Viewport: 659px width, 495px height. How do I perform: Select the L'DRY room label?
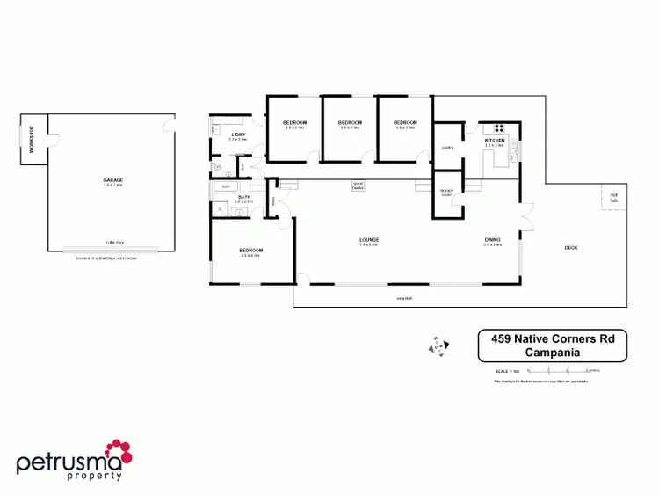238,134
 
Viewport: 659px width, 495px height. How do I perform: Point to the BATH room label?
243,197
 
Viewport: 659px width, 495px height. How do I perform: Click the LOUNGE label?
368,239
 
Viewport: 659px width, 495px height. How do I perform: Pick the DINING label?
492,239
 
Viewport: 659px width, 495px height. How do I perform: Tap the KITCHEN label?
495,141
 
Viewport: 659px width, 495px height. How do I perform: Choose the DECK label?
571,247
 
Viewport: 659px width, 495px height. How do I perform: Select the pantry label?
446,148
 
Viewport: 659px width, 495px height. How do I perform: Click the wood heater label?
358,186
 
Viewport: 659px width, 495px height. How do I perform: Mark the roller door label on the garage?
112,241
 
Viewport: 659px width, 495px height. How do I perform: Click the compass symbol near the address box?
435,346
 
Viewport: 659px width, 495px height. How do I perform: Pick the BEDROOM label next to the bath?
251,251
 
